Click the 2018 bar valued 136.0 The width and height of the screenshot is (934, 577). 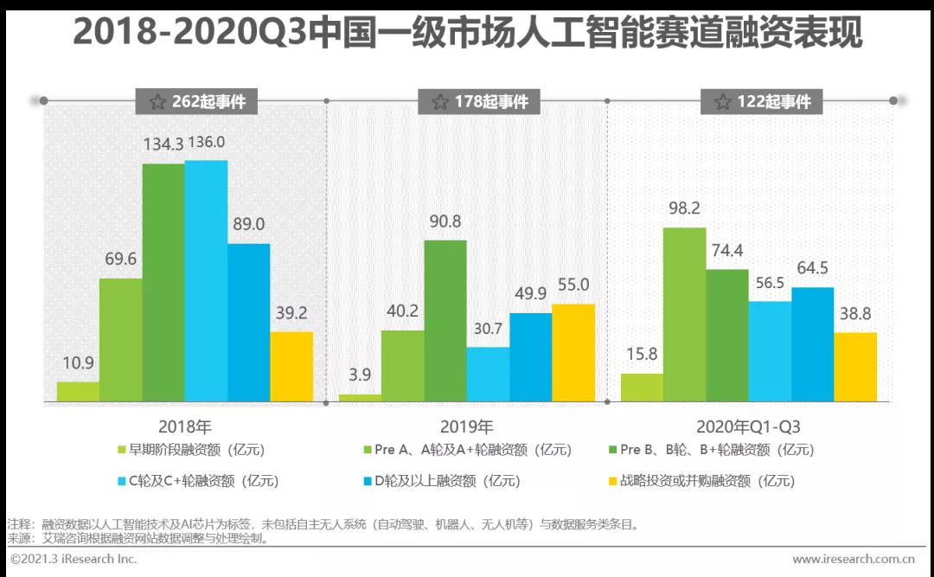click(206, 281)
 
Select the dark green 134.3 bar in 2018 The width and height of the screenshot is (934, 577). click(163, 283)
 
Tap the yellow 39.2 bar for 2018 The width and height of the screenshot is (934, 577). click(291, 367)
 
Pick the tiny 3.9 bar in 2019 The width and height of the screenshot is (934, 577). click(360, 398)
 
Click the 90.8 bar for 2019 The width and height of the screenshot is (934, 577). click(445, 321)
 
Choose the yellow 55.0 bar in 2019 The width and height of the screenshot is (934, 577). click(573, 353)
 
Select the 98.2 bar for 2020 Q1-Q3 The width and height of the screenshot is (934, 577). click(685, 315)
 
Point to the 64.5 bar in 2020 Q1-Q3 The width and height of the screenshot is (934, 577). click(813, 344)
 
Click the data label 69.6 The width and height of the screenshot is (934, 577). click(120, 259)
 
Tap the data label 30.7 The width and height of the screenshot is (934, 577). click(488, 329)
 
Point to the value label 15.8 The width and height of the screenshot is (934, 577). click(642, 355)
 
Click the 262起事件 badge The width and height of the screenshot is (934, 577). click(198, 101)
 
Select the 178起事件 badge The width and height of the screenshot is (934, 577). click(480, 101)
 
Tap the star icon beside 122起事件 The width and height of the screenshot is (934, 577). click(723, 101)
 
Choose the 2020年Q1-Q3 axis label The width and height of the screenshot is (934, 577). click(749, 426)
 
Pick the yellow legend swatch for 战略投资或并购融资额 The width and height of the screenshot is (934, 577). click(612, 481)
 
